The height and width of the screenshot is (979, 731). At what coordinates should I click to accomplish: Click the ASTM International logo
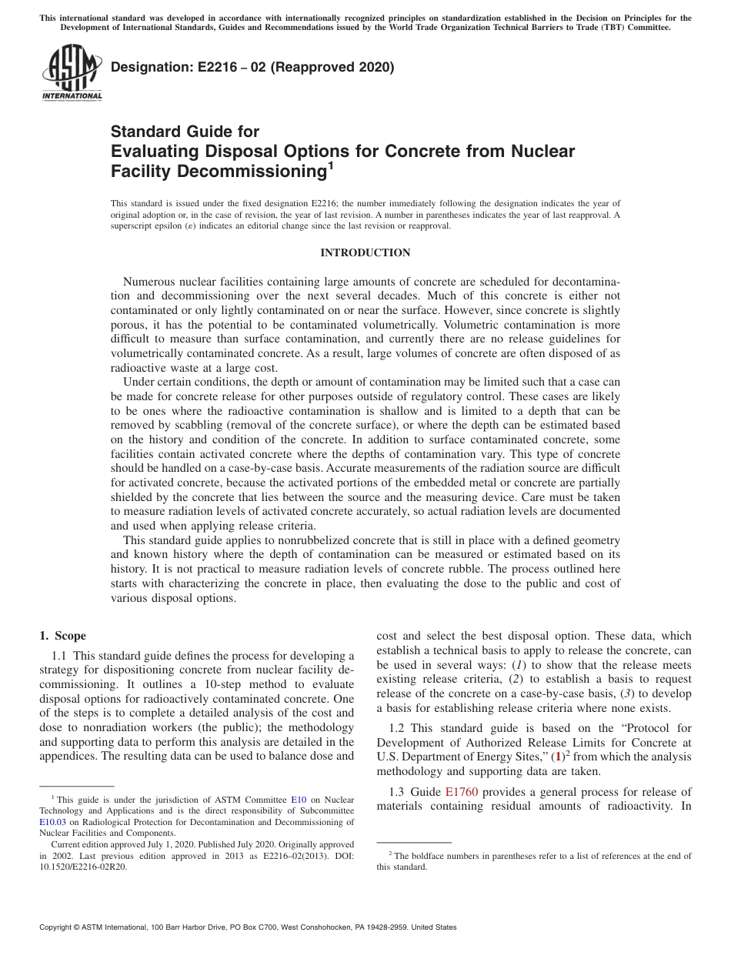coord(71,73)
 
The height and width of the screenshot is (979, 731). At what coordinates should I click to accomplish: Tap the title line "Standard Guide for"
coord(185,132)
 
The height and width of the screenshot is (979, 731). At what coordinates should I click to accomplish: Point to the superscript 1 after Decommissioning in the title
coord(330,165)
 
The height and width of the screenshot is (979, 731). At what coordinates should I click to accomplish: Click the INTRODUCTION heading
coord(365,253)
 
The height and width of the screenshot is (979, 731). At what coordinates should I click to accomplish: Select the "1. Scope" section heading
coord(62,636)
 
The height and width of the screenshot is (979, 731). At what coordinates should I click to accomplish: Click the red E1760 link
coord(462,792)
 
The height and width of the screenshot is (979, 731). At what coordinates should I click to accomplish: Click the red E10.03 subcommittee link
coord(52,822)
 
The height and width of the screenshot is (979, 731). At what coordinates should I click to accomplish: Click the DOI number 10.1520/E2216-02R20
coord(84,866)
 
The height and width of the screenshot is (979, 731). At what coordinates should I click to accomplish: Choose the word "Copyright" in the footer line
coord(56,927)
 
